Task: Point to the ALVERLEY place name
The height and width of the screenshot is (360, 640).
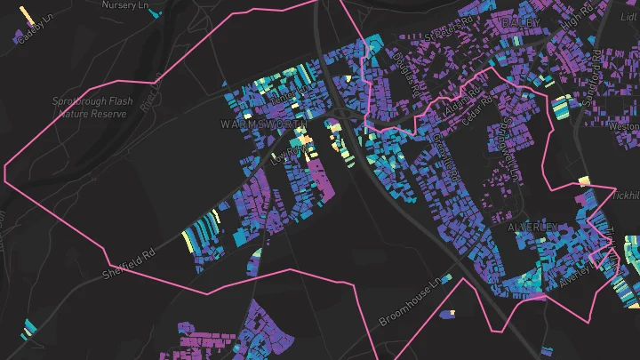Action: tap(532, 228)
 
